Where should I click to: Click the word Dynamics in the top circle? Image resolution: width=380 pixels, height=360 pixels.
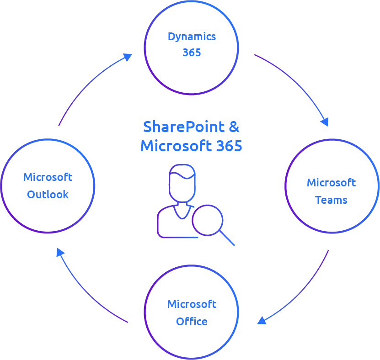point(192,37)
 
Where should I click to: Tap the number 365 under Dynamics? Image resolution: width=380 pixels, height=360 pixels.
point(192,53)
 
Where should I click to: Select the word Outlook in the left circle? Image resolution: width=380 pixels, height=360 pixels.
point(48,195)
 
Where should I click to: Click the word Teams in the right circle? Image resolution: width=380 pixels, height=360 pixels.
point(331,200)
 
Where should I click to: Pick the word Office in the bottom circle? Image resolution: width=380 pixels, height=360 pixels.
point(192,322)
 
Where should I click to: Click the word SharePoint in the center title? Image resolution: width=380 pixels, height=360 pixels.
point(184,127)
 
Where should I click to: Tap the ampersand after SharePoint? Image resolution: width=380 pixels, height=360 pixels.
point(234,127)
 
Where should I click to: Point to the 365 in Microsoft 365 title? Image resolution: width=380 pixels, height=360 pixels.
point(229,146)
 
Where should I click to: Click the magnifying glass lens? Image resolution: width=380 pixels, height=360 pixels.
point(208,220)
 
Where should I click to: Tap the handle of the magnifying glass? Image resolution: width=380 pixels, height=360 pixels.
point(227,238)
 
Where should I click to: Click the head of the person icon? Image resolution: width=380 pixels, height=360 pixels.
point(182,183)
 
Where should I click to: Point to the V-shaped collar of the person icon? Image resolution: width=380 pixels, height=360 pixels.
point(182,212)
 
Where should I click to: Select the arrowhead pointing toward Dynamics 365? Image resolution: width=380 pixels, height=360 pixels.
point(128,57)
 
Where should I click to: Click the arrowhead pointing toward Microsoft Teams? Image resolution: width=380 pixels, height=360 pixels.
point(325,122)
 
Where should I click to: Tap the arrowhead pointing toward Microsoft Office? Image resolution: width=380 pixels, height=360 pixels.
point(262,320)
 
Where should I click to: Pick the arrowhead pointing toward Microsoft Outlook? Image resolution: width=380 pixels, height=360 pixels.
point(60,252)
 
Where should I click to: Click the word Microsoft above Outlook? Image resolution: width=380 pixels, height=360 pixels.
point(48,177)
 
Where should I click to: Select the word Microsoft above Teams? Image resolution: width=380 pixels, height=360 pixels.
point(331,183)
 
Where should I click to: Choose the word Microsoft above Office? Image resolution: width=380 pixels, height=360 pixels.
point(192,304)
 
